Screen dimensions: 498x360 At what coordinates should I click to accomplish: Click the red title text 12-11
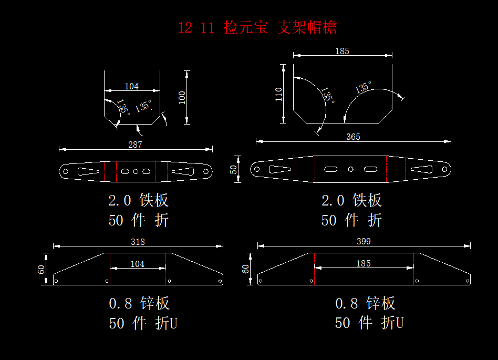196,28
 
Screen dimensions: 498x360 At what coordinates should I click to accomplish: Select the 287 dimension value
135,145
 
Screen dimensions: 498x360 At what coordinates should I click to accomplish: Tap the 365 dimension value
353,137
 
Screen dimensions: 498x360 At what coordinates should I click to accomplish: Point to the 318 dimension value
138,242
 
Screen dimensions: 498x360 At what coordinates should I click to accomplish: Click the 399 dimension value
364,241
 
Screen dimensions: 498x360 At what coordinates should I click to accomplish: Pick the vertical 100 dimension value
182,98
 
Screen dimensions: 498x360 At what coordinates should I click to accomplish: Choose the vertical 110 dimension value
278,94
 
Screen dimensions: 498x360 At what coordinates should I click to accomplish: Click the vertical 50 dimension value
234,169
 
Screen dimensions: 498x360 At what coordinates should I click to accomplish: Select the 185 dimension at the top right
343,51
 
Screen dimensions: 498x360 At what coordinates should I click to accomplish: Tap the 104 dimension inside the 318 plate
138,264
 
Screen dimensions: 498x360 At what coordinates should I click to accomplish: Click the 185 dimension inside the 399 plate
364,263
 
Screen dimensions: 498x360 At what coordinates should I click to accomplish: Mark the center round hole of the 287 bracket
136,171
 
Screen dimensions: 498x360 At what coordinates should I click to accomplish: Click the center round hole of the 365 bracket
350,169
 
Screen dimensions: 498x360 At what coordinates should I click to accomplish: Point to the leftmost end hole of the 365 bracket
257,169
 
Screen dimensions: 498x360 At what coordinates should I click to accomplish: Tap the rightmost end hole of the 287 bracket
206,171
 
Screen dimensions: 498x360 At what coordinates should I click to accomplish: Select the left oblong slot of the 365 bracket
330,169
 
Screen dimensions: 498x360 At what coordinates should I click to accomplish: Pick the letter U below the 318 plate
173,323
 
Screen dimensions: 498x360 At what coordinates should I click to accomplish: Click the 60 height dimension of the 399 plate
245,269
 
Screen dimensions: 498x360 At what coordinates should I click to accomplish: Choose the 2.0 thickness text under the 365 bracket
333,200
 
